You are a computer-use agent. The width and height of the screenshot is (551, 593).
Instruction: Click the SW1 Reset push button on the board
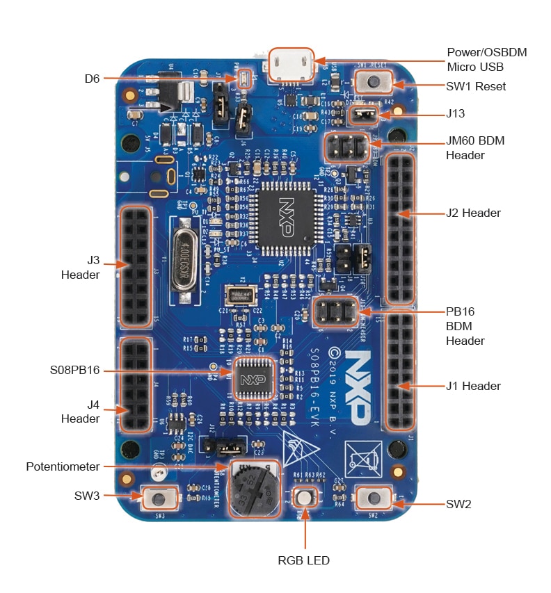point(374,83)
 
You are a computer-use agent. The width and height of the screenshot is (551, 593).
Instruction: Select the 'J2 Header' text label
point(473,213)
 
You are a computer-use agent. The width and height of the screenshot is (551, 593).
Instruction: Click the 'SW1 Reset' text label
point(476,87)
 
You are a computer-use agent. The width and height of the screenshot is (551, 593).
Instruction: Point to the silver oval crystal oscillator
point(184,257)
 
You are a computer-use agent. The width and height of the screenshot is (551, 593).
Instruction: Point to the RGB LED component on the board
point(304,498)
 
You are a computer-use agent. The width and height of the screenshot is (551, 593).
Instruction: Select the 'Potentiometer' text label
point(63,466)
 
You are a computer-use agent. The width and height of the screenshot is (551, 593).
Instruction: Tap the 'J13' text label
point(456,113)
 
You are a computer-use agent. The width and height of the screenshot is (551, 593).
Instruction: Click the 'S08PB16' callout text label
point(75,371)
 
